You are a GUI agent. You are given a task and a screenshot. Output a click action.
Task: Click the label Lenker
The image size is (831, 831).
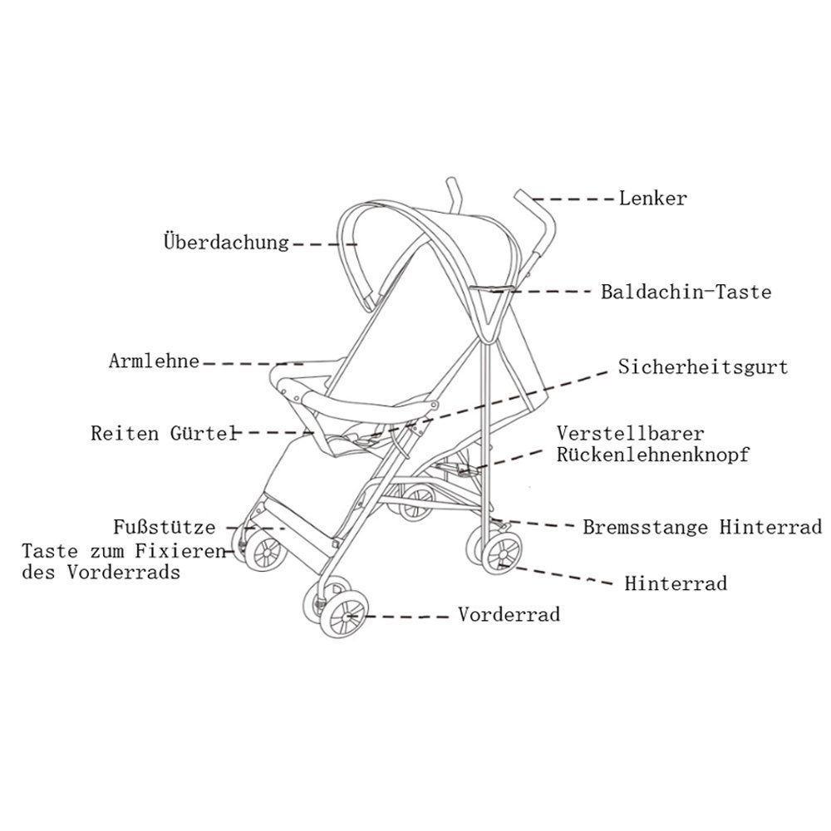[653, 199]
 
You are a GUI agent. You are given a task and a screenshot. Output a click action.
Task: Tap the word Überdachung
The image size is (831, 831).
[226, 242]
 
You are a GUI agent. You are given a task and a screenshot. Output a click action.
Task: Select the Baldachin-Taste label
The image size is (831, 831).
[686, 292]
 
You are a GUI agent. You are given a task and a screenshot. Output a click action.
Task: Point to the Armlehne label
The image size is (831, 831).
[155, 361]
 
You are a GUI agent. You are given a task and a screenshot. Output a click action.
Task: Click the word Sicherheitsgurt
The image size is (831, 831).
[703, 367]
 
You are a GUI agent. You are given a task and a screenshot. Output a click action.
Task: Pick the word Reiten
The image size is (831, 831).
[125, 434]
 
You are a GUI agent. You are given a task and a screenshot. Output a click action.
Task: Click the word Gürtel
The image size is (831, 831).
[204, 433]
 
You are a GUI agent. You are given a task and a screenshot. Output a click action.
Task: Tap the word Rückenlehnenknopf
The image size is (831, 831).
[653, 455]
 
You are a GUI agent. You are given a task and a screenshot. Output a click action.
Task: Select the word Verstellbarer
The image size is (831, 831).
[630, 434]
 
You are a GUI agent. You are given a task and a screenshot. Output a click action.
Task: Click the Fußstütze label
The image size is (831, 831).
[165, 528]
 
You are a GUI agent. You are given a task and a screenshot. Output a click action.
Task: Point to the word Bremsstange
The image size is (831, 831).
[646, 528]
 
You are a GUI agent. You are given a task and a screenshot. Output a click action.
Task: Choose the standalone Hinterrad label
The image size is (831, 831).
[676, 583]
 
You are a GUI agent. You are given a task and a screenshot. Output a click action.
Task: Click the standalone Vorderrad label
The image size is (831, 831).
[509, 615]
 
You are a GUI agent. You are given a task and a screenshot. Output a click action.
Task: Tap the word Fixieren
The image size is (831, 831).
[180, 551]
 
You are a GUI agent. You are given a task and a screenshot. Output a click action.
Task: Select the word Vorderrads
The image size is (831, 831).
[124, 573]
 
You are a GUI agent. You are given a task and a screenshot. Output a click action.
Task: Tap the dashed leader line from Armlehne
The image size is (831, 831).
[253, 364]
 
